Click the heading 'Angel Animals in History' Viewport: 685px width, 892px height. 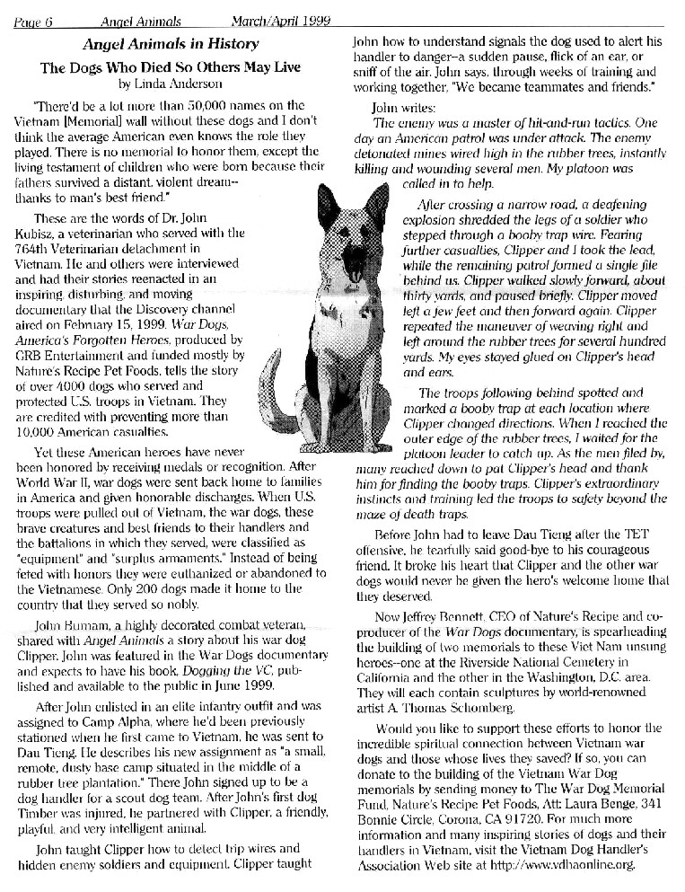click(171, 44)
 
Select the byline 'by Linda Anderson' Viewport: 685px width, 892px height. click(171, 84)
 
